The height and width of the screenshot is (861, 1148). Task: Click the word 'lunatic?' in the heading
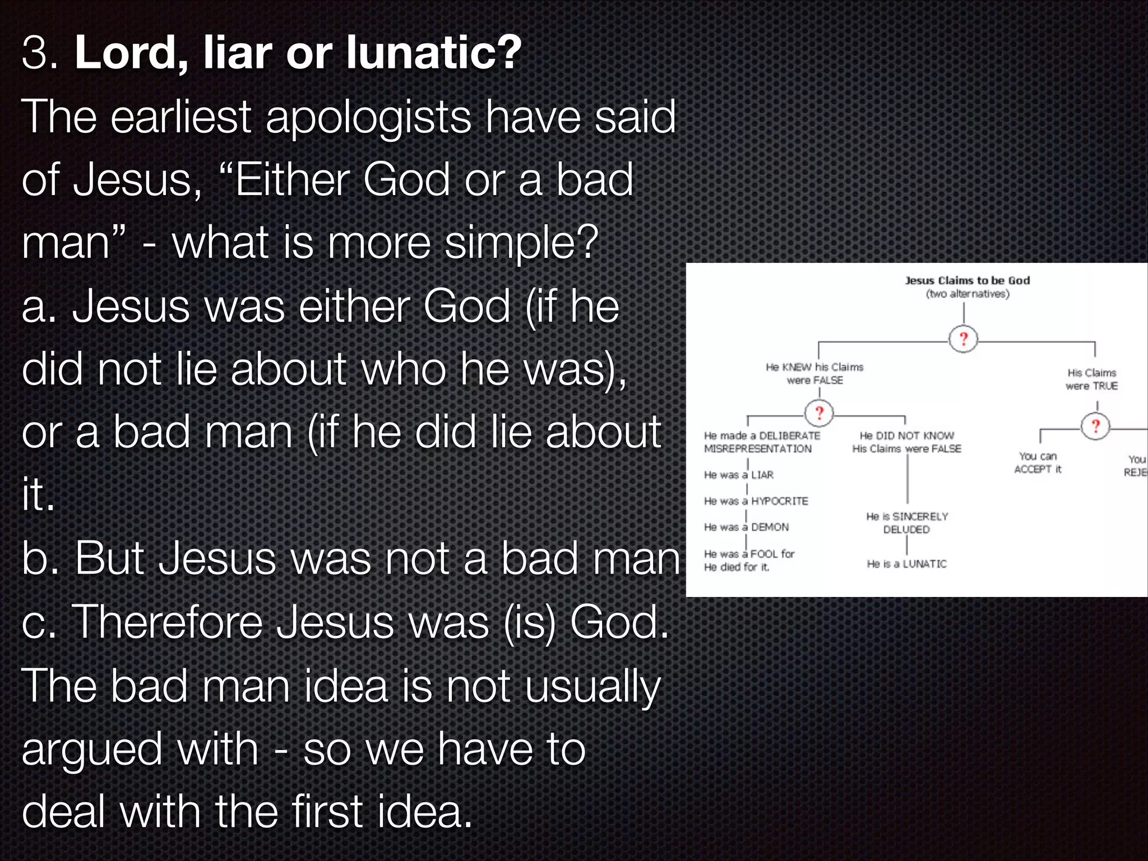tap(434, 52)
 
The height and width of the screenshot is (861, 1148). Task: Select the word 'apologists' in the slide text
tap(368, 118)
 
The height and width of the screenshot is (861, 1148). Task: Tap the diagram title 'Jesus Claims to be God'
tap(967, 280)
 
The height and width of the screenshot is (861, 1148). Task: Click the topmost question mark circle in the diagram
tap(963, 339)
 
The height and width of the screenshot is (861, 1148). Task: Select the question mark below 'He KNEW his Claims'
tap(819, 413)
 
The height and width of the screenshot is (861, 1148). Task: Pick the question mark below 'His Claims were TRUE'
tap(1095, 426)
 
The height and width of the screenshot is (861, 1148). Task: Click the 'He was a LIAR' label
tap(738, 475)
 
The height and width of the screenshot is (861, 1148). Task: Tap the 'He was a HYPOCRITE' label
tap(756, 501)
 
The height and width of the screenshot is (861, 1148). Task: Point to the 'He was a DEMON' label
tap(746, 527)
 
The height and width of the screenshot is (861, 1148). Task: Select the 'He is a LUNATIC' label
tap(906, 564)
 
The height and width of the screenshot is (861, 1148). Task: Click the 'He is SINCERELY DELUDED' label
tap(906, 522)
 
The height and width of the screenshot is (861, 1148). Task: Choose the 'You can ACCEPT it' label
tap(1038, 463)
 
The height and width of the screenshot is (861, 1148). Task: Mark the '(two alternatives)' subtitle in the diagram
tap(967, 294)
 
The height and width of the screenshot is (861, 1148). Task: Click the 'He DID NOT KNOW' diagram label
tap(906, 436)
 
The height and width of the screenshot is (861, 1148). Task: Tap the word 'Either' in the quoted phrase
tap(292, 180)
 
